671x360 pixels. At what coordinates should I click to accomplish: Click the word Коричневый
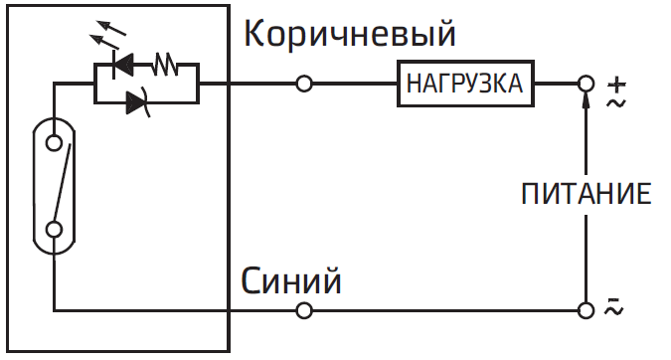pos(350,34)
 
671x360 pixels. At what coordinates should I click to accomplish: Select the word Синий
pos(292,281)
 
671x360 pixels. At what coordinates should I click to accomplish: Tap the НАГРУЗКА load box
pos(463,84)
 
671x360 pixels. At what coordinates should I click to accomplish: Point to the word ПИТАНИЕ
pos(587,193)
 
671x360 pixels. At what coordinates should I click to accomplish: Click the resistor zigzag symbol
pos(164,69)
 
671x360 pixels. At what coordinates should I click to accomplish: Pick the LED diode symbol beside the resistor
pos(125,68)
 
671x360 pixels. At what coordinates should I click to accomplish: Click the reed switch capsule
pos(56,183)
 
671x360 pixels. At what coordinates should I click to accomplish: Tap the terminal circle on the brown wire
pos(305,85)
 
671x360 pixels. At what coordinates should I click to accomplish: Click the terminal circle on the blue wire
pos(305,310)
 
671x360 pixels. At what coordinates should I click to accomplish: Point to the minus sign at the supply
pos(614,300)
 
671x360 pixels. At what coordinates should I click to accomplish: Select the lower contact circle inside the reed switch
pos(56,230)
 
